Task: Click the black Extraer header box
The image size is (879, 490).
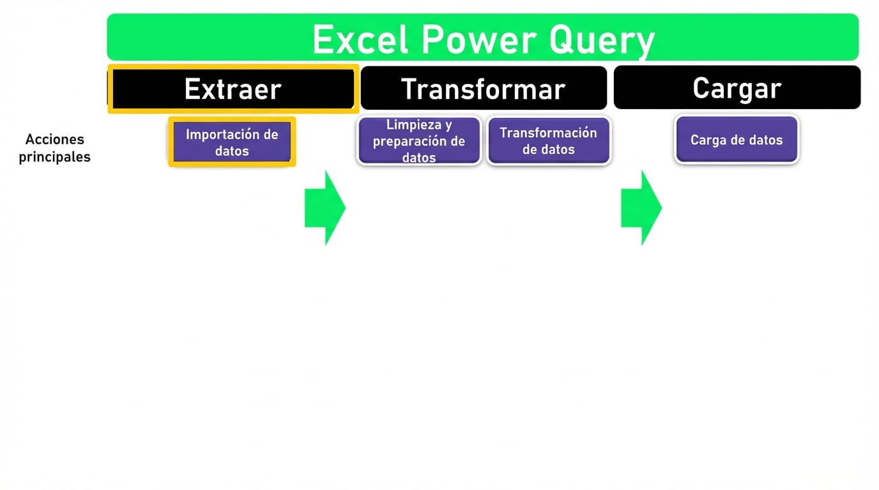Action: point(233,89)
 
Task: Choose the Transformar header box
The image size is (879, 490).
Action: point(484,88)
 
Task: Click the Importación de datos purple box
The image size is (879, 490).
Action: point(232,142)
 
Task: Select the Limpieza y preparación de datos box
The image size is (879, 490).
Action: point(419,141)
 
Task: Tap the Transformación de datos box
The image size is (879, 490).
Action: point(549,141)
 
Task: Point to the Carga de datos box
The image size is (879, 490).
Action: point(737,140)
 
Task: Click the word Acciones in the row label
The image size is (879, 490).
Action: point(54,139)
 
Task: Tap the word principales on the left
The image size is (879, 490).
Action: point(54,156)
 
